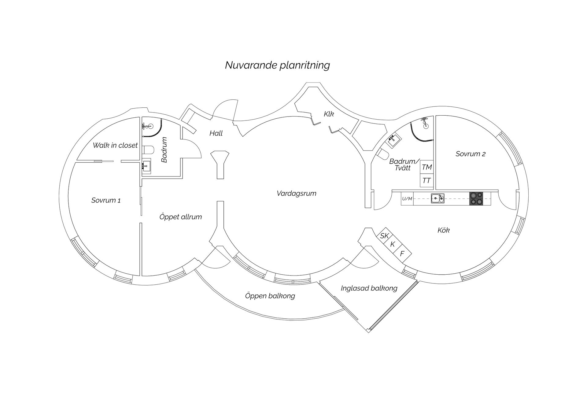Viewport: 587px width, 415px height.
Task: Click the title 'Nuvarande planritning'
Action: click(x=277, y=65)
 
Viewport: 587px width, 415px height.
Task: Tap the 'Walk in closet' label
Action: click(x=115, y=145)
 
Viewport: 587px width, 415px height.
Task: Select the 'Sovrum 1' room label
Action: click(x=106, y=200)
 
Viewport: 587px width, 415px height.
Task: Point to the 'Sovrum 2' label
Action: click(x=470, y=154)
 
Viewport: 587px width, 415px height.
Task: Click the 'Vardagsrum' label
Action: click(x=296, y=193)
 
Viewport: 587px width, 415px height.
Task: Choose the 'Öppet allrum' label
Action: click(x=180, y=217)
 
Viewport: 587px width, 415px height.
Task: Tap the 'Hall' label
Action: click(x=216, y=133)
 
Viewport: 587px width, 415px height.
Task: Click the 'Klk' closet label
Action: click(x=329, y=114)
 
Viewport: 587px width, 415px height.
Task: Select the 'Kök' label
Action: click(x=443, y=230)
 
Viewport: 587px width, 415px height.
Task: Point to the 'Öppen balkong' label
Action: click(x=270, y=296)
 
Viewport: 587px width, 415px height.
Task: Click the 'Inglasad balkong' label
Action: click(x=369, y=288)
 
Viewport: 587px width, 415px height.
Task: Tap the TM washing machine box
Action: click(x=426, y=167)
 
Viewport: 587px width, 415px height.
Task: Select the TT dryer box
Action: click(x=426, y=181)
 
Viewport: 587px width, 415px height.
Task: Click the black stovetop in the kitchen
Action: click(x=476, y=198)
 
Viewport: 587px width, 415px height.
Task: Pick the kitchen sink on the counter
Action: click(x=437, y=198)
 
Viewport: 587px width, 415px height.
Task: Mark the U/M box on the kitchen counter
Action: click(x=407, y=199)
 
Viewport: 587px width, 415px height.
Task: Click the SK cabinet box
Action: click(x=384, y=236)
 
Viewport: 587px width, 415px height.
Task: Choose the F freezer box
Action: click(x=402, y=254)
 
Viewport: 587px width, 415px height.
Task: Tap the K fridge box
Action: click(x=393, y=244)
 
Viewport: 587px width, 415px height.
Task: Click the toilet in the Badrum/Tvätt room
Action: click(x=382, y=155)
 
